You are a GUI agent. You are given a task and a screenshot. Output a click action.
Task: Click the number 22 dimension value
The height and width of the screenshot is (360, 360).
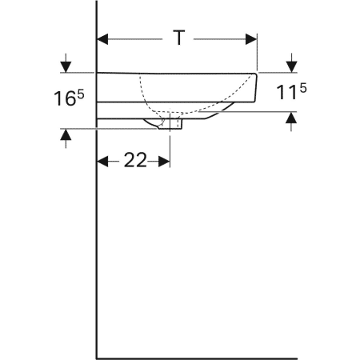[135, 161]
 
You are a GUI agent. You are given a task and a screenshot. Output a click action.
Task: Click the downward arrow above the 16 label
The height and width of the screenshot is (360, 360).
[65, 64]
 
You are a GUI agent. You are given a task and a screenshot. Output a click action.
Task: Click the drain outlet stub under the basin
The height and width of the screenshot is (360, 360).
[171, 123]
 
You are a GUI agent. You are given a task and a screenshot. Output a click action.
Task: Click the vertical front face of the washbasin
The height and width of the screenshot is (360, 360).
[257, 86]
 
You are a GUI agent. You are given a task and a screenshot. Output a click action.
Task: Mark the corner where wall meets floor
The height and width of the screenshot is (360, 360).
[97, 358]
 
